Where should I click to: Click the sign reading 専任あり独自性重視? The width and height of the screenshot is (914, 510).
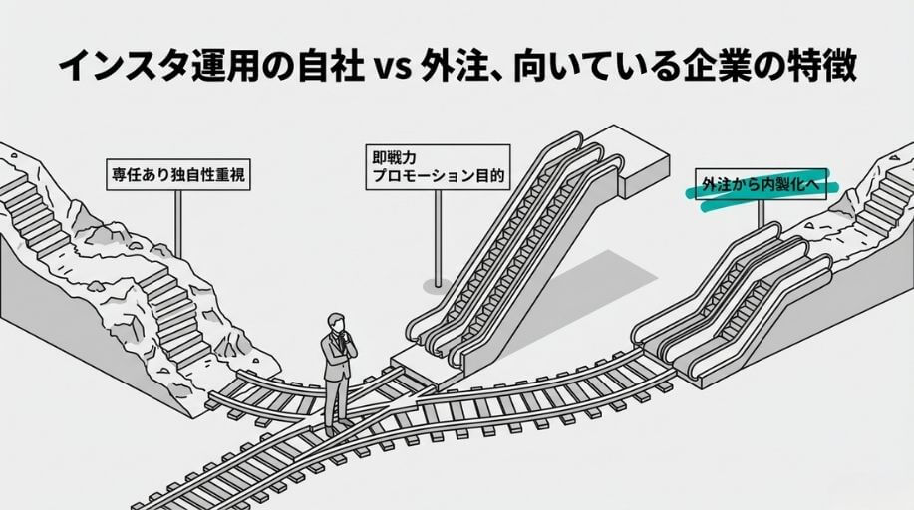[176, 175]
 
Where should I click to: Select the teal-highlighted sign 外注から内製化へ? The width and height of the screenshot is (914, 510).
[763, 184]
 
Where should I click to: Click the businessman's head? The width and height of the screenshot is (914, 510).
[338, 325]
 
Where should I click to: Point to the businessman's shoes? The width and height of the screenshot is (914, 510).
[334, 426]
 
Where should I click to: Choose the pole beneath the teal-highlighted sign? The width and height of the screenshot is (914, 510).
[761, 213]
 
